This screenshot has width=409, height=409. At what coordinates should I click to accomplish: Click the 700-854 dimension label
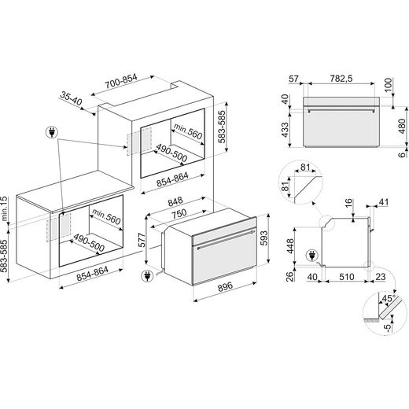click(x=121, y=81)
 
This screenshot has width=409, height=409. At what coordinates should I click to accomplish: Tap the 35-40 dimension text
click(x=71, y=98)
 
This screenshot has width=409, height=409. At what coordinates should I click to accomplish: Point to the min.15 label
click(x=5, y=208)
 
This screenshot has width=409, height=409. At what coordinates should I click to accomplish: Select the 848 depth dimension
click(x=175, y=201)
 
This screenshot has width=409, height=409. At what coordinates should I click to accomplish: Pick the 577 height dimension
click(x=142, y=240)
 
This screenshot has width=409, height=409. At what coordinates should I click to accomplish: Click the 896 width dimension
click(x=225, y=286)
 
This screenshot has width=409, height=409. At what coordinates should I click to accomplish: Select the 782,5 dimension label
click(x=341, y=79)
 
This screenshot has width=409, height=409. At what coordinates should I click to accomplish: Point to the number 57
click(x=293, y=79)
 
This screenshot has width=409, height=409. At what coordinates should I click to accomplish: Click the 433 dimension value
click(x=285, y=130)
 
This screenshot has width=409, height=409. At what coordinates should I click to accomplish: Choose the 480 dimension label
click(x=402, y=127)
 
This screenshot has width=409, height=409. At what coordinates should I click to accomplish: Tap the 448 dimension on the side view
click(x=290, y=246)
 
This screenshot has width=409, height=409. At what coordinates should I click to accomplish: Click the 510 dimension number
click(x=347, y=277)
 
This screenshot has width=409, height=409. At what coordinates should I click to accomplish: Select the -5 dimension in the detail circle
click(x=387, y=327)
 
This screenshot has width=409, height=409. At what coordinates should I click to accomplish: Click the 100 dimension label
click(x=389, y=85)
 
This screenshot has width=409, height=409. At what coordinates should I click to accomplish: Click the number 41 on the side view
click(x=383, y=202)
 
